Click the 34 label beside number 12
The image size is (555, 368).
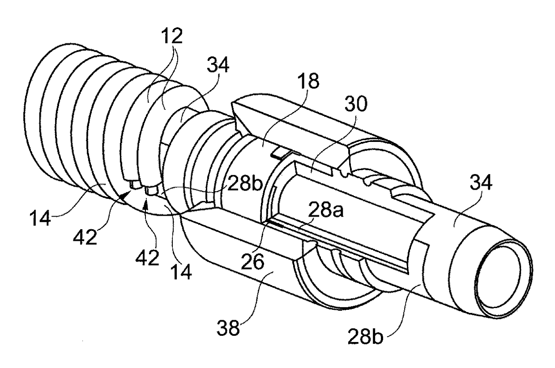pos(218,67)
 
